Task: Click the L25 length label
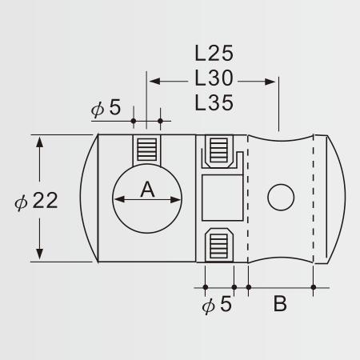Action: [x=214, y=53]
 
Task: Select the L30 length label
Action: [x=214, y=78]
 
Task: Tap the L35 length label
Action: [x=214, y=102]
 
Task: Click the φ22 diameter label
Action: [x=36, y=201]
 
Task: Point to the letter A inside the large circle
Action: [x=147, y=190]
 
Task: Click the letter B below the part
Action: [x=280, y=303]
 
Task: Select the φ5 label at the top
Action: [x=106, y=107]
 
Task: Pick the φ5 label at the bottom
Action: [x=217, y=304]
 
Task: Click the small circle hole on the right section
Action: [x=281, y=197]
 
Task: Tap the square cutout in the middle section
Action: [x=222, y=198]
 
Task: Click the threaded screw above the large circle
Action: [x=146, y=150]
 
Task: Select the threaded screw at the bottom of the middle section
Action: [x=219, y=246]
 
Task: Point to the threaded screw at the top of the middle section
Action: [x=219, y=150]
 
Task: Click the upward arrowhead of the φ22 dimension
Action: [x=39, y=142]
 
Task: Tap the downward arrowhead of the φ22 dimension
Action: [x=39, y=254]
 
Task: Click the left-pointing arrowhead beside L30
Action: [x=154, y=82]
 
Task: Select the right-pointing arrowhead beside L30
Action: [x=270, y=82]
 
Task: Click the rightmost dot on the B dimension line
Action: [x=314, y=287]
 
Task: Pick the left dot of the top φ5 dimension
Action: [x=134, y=121]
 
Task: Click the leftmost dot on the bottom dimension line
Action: [x=206, y=287]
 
